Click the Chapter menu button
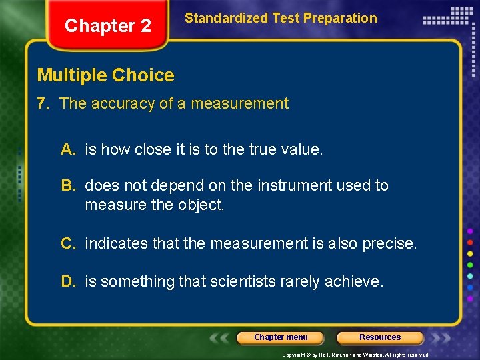281,337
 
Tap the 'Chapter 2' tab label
107,26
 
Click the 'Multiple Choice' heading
105,75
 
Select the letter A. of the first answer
69,150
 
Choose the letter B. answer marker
69,185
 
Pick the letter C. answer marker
69,243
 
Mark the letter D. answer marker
69,282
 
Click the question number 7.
45,104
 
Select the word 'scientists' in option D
241,282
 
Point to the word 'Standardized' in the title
225,19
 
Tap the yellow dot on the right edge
471,253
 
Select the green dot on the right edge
471,264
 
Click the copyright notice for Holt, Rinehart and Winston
356,355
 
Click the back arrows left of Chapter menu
221,337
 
